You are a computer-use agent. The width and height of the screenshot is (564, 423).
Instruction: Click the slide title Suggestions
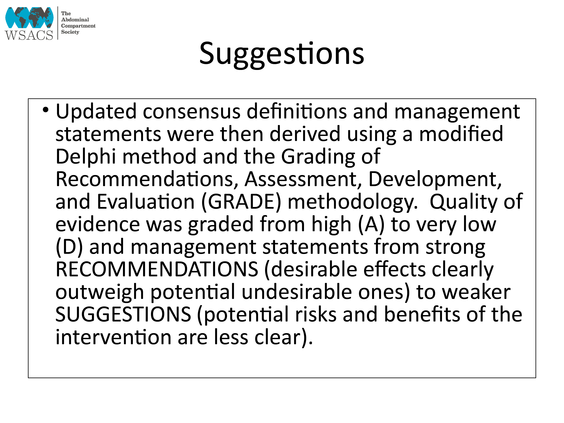coord(282,54)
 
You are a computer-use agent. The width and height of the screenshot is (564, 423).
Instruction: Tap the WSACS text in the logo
coord(29,35)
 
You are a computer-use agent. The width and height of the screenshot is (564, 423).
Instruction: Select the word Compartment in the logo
coord(78,26)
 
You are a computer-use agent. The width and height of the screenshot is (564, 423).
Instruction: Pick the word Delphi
coord(86,157)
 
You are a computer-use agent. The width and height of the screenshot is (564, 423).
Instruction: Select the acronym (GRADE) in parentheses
coord(241,202)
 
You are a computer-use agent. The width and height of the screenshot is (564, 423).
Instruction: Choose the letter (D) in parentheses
coord(69,247)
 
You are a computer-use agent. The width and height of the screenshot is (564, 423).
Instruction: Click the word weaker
coord(476,292)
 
